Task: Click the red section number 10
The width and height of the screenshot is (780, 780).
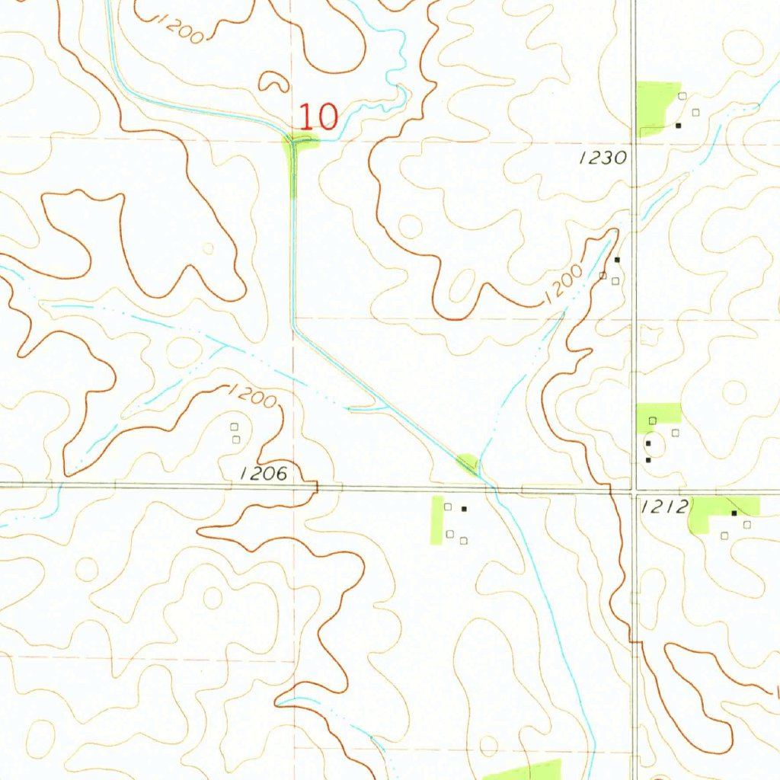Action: point(318,117)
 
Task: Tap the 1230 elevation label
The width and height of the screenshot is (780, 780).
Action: point(602,158)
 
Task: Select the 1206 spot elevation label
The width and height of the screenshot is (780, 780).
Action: point(264,474)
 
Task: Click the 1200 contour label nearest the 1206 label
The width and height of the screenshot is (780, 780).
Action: point(252,395)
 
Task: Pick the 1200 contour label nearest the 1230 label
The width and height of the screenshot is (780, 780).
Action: point(564,286)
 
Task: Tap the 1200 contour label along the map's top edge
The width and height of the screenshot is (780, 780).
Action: point(180,27)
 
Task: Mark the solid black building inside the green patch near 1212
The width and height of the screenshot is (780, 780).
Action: point(734,513)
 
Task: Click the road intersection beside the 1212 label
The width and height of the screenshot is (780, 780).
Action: point(635,491)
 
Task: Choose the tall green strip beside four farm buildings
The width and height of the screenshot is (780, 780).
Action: point(437,520)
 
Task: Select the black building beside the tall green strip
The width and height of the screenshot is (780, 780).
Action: point(463,508)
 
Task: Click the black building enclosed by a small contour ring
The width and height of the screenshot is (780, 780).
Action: point(648,443)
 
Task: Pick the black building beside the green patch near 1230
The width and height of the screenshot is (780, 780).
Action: point(678,125)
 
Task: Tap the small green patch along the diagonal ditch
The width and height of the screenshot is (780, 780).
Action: point(468,461)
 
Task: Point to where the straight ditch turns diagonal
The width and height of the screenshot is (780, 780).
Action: point(293,327)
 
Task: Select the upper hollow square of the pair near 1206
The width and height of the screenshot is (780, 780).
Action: point(234,427)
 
